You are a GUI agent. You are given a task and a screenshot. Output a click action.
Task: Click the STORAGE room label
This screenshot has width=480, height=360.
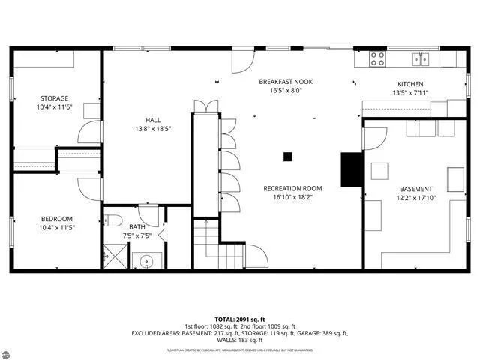(53, 98)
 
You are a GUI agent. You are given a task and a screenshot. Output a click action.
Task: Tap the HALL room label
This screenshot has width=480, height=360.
(153, 120)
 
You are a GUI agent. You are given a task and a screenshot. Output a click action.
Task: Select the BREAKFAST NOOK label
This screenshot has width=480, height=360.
(286, 81)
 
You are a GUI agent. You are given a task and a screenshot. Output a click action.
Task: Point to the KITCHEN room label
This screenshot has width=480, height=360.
(410, 84)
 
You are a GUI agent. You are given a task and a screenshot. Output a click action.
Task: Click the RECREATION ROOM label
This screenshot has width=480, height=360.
(292, 188)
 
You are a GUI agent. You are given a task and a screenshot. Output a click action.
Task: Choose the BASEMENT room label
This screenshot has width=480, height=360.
(415, 189)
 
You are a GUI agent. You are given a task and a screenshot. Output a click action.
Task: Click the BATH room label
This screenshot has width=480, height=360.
(136, 226)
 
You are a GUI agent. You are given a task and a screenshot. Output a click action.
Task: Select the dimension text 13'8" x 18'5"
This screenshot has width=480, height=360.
(153, 129)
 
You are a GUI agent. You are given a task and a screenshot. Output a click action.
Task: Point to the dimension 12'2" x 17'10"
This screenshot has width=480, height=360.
(415, 198)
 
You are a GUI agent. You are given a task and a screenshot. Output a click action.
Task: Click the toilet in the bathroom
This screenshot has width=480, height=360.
(112, 220)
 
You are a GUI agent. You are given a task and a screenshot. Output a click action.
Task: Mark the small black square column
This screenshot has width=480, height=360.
(287, 157)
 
